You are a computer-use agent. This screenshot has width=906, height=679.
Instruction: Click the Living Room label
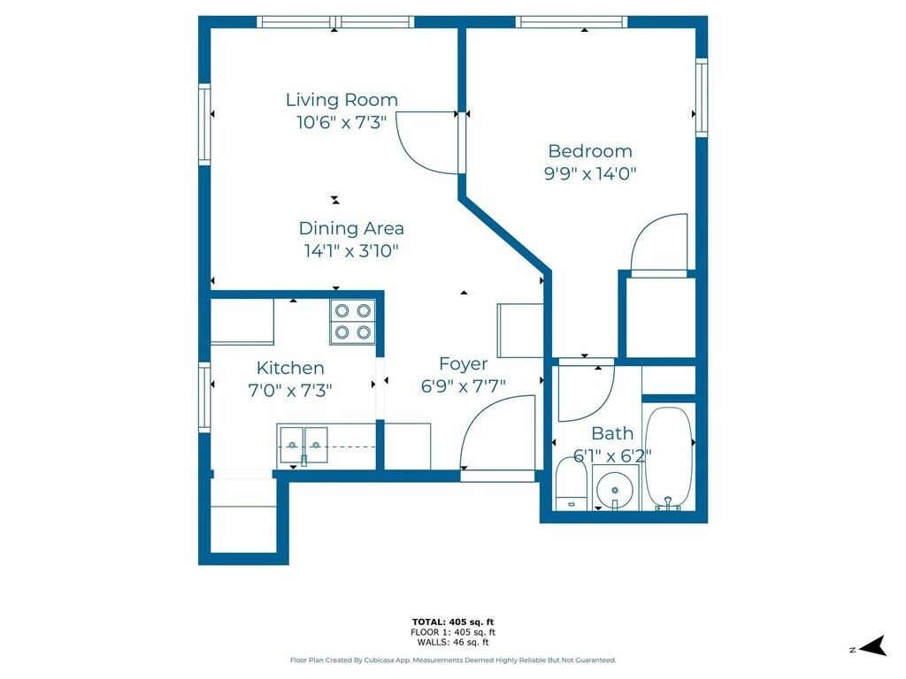342,100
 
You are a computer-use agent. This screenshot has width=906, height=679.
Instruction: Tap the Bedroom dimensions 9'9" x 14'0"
590,173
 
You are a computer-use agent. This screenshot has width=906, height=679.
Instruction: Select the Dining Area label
351,228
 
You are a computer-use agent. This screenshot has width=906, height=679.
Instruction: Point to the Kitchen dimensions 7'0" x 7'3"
290,391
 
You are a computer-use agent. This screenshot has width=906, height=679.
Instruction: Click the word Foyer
464,363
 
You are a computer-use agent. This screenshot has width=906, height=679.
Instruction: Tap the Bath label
612,433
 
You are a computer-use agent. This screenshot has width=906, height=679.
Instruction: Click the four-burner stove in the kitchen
352,322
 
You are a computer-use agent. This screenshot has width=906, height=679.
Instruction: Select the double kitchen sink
304,446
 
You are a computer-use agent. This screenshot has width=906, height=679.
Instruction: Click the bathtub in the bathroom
669,459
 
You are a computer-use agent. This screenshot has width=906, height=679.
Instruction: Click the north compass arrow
873,646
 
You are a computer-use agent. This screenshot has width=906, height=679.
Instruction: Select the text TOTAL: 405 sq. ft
453,622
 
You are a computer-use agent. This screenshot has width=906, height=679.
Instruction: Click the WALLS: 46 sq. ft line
453,642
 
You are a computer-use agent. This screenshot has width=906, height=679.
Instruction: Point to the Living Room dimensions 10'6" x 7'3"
342,122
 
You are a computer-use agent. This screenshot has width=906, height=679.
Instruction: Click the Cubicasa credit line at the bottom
453,660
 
